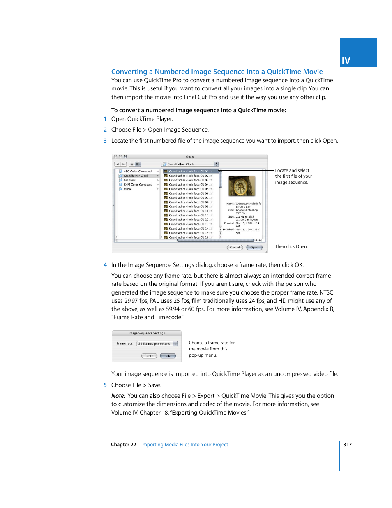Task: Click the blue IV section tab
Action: [358, 53]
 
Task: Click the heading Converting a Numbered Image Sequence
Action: [217, 72]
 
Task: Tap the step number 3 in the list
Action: [105, 141]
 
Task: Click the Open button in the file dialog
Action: [254, 247]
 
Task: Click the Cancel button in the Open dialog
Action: [235, 247]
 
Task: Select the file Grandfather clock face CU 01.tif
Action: [190, 171]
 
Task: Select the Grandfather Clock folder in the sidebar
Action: [136, 176]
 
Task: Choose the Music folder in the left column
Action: [128, 189]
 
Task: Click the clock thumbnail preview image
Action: [242, 186]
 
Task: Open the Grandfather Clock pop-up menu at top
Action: [190, 164]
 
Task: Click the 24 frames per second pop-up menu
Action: [157, 343]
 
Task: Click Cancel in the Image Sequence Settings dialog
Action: [149, 356]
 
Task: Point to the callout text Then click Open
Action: [291, 247]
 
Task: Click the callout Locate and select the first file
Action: [293, 176]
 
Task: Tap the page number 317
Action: [347, 445]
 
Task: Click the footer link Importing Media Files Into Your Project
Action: [184, 445]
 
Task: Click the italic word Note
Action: [118, 396]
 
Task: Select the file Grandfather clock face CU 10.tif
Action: [190, 211]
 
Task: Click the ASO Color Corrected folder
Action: [137, 171]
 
